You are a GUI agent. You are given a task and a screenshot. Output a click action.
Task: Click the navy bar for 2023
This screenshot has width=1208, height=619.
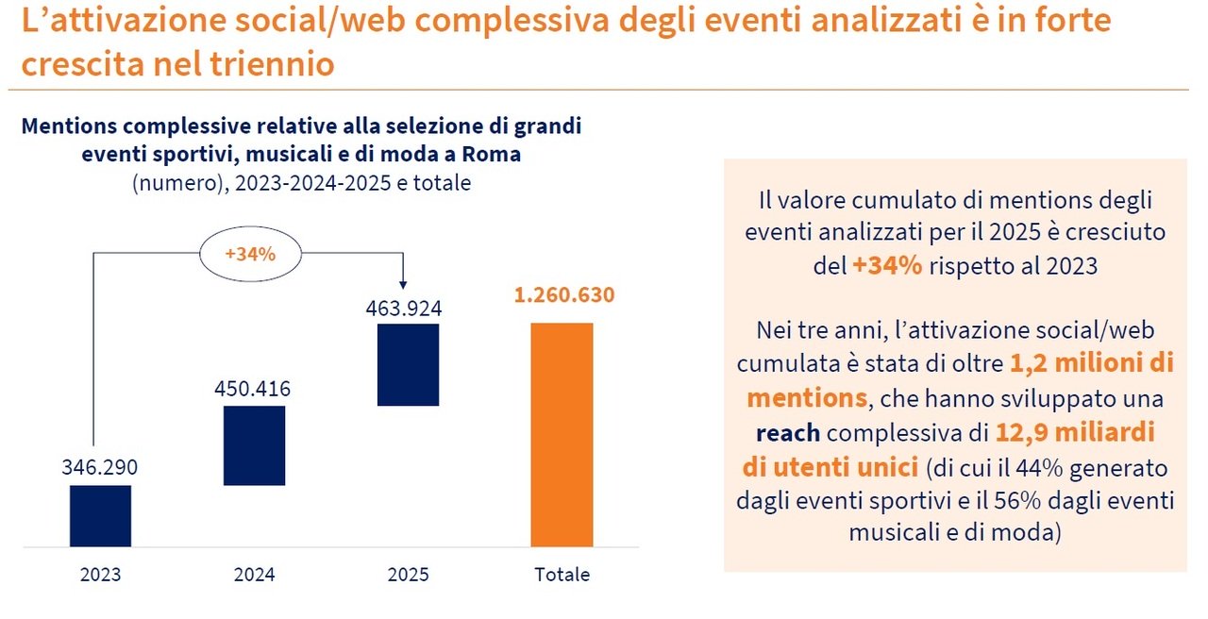tap(100, 515)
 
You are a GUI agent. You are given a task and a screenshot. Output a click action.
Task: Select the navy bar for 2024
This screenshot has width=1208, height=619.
tap(254, 445)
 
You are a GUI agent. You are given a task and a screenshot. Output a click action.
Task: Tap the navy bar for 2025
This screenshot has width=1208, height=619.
tap(408, 364)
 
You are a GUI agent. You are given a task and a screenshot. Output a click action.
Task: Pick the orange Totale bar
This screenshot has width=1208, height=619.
tap(562, 434)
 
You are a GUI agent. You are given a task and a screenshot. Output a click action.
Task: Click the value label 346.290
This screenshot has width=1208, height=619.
tap(100, 467)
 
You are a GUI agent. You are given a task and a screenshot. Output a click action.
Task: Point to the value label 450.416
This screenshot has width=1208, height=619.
tap(254, 389)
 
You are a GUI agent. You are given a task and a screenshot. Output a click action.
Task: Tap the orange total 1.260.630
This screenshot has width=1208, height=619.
tap(564, 295)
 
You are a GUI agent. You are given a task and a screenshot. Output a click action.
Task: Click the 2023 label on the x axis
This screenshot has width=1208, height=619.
tap(100, 575)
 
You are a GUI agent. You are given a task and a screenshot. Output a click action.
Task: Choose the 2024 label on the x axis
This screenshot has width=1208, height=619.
tap(254, 575)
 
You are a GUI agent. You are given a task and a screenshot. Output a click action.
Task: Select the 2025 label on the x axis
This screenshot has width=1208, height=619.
tap(408, 575)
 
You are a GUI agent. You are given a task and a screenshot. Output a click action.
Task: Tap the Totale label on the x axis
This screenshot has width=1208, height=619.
tap(562, 575)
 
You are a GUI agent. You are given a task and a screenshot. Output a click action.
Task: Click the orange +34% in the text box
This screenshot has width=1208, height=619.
tap(886, 266)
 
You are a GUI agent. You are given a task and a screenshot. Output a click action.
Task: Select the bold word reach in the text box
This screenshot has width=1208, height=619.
tap(787, 433)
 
